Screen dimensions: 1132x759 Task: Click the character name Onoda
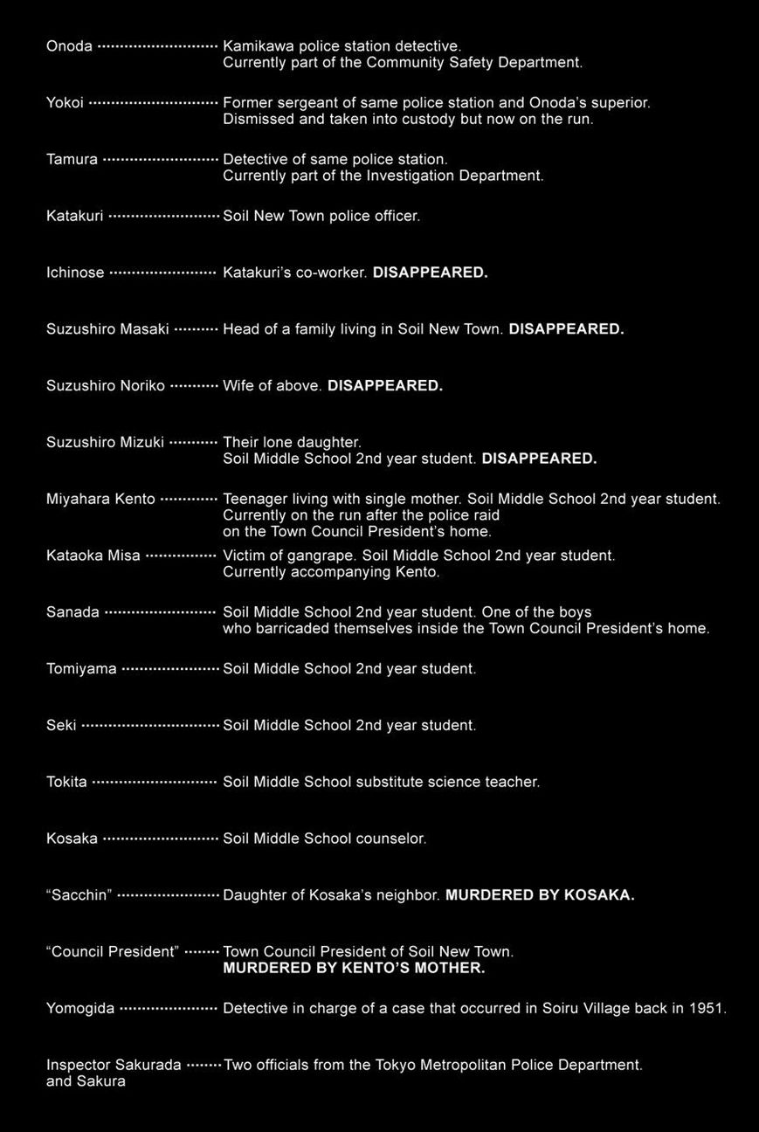pyautogui.click(x=69, y=46)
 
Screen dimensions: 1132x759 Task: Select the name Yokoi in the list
pyautogui.click(x=65, y=103)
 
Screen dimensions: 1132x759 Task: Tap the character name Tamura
pyautogui.click(x=72, y=160)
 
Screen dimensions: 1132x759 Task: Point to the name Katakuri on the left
pyautogui.click(x=74, y=216)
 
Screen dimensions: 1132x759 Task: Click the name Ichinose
pyautogui.click(x=75, y=273)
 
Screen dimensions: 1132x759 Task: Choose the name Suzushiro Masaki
pyautogui.click(x=107, y=329)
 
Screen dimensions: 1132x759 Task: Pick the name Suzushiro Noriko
pyautogui.click(x=105, y=385)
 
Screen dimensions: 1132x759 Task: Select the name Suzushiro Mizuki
pyautogui.click(x=105, y=442)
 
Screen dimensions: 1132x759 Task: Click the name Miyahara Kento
pyautogui.click(x=100, y=499)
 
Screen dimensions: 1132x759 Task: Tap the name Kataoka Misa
pyautogui.click(x=93, y=556)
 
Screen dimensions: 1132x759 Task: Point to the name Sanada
pyautogui.click(x=72, y=612)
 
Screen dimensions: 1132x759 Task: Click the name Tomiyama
pyautogui.click(x=81, y=669)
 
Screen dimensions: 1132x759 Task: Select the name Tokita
pyautogui.click(x=66, y=782)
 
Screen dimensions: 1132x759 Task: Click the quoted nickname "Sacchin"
pyautogui.click(x=79, y=895)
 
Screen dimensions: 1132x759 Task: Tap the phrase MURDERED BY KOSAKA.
pyautogui.click(x=540, y=895)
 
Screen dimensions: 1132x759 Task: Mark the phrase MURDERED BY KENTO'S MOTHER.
pyautogui.click(x=354, y=968)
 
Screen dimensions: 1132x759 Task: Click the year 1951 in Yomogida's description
pyautogui.click(x=707, y=1008)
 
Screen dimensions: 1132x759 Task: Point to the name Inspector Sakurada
pyautogui.click(x=114, y=1065)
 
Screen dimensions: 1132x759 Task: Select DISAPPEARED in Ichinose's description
pyautogui.click(x=430, y=273)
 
